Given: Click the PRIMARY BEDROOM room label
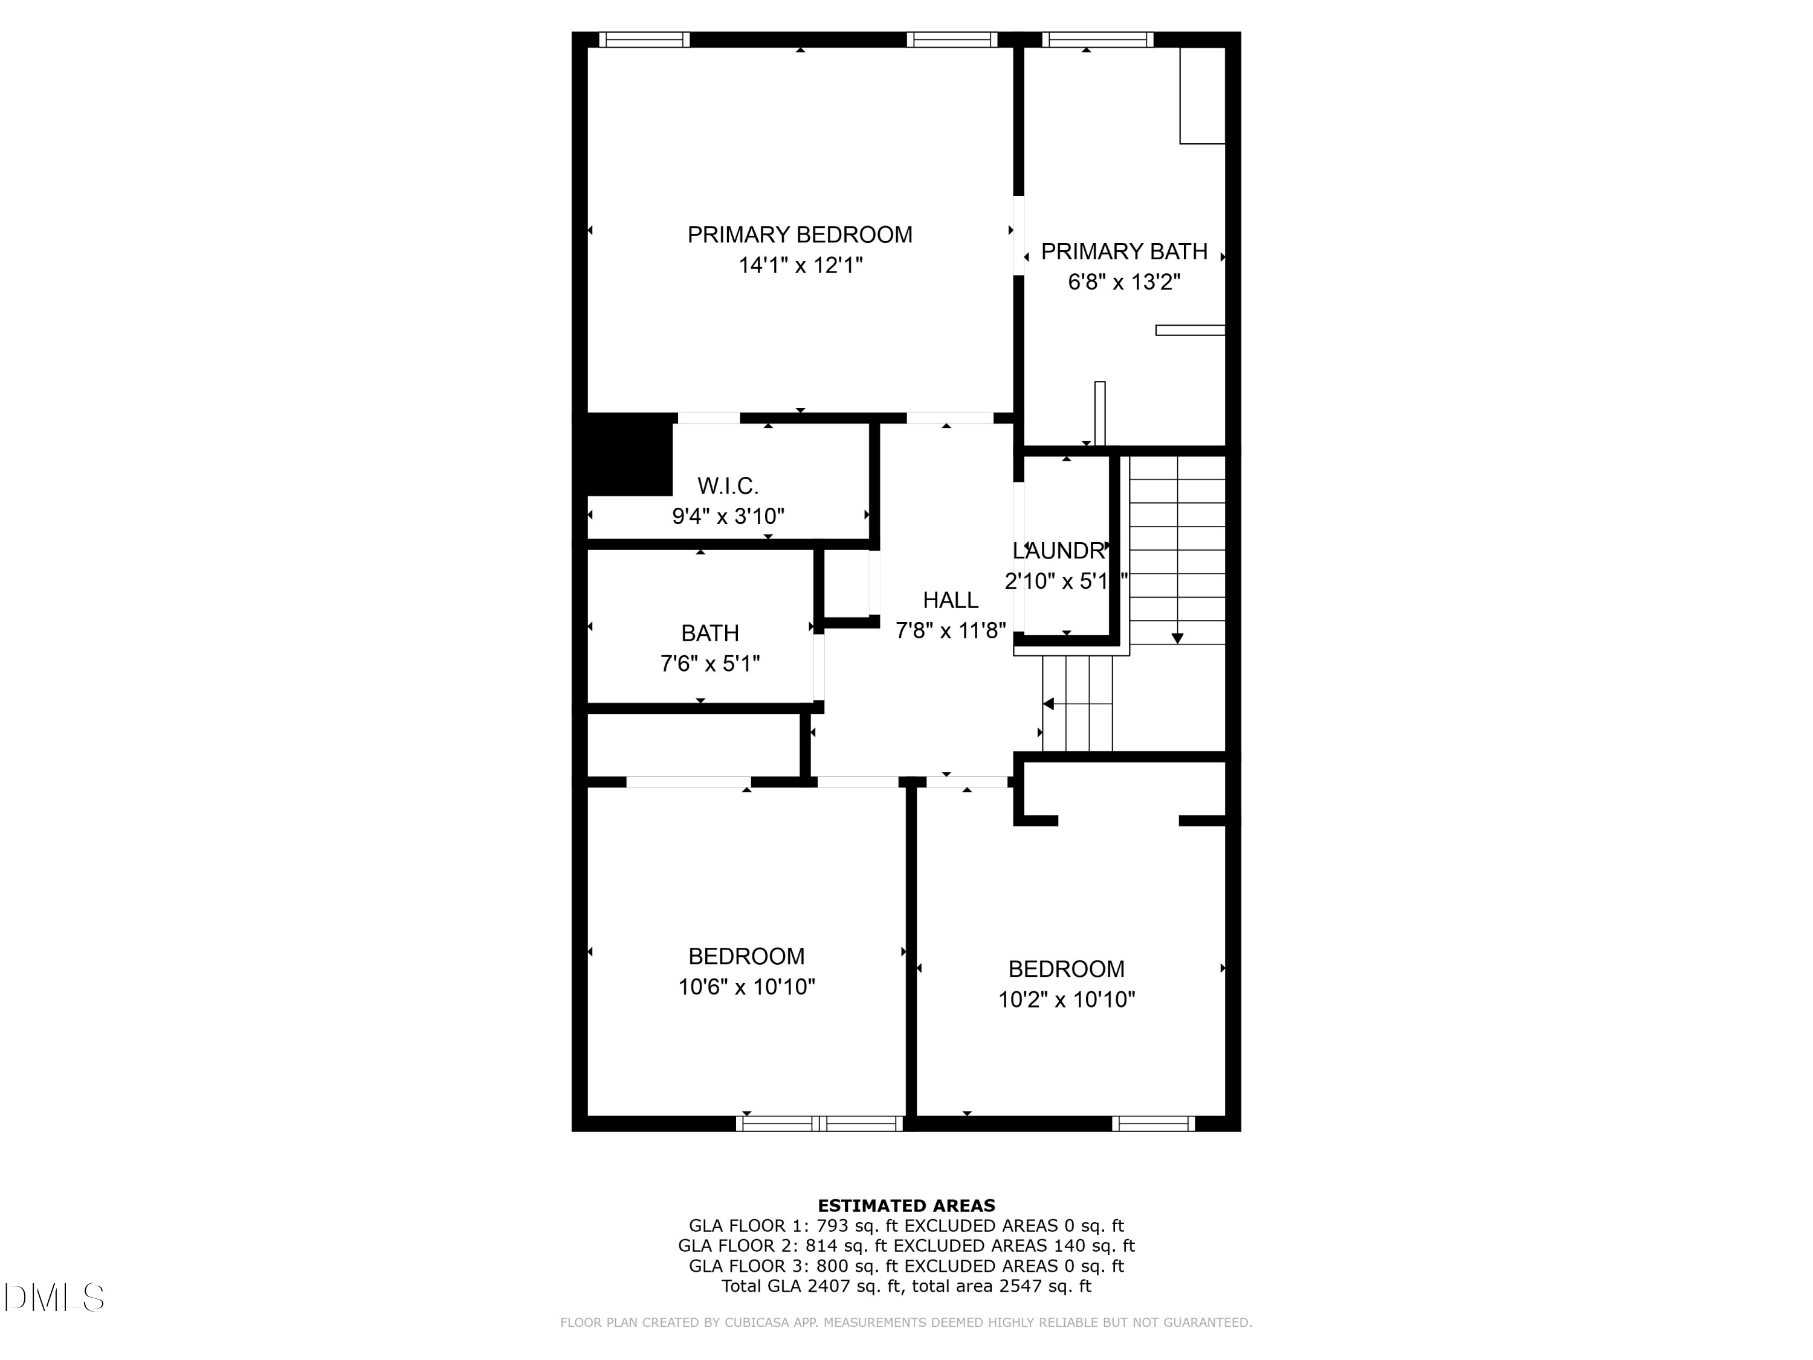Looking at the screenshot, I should tap(799, 235).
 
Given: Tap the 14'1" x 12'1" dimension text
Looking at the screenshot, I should tap(800, 265).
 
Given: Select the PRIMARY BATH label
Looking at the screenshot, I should tap(1123, 251).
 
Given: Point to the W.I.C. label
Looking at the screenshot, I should tap(728, 486).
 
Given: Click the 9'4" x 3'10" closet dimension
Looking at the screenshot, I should tap(728, 516).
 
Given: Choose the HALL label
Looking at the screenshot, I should tap(950, 600).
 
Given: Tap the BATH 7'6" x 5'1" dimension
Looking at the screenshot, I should tap(710, 663).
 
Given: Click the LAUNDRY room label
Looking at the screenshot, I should tap(1059, 550).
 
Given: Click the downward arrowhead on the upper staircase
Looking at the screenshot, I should tap(1177, 638).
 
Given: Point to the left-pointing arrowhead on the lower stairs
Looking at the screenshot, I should tap(1049, 704).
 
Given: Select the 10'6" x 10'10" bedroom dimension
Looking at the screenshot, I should tap(746, 987).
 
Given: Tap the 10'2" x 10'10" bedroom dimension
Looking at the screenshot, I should tap(1065, 999).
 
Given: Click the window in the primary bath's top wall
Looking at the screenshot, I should tap(1097, 39).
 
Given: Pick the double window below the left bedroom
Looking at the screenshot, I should tap(819, 1124).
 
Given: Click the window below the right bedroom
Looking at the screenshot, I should tap(1152, 1124).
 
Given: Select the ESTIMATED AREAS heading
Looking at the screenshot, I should tap(906, 1206).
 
